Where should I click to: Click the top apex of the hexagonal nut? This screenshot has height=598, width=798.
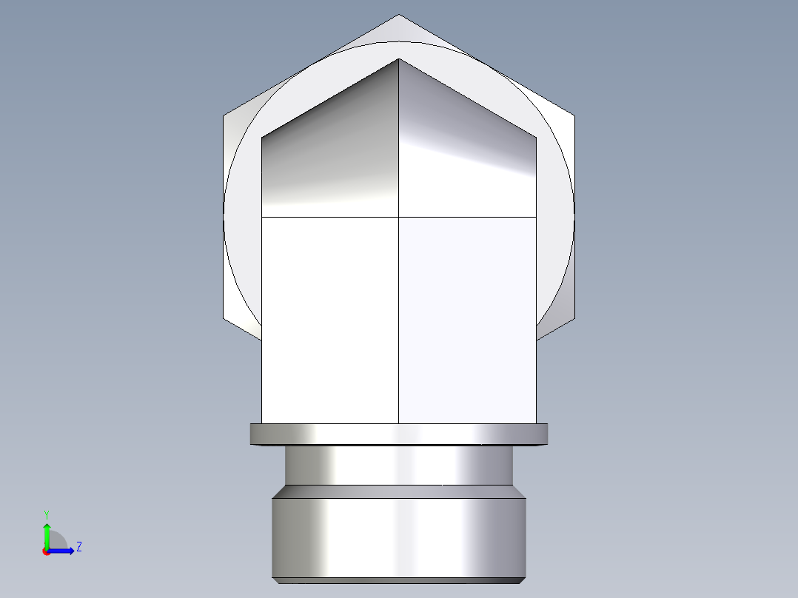pyautogui.click(x=399, y=15)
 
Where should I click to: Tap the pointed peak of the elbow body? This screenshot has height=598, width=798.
pyautogui.click(x=399, y=59)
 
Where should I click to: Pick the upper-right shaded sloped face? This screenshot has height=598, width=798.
pyautogui.click(x=466, y=148)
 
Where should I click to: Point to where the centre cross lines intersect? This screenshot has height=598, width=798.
pyautogui.click(x=399, y=217)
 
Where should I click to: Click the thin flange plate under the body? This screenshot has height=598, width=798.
pyautogui.click(x=399, y=434)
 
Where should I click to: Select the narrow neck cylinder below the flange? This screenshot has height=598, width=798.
pyautogui.click(x=399, y=465)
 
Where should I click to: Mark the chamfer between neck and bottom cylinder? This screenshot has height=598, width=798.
pyautogui.click(x=399, y=491)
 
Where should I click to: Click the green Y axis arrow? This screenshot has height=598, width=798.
pyautogui.click(x=47, y=531)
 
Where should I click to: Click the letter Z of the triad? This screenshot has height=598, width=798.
pyautogui.click(x=78, y=547)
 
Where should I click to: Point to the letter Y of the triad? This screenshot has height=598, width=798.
pyautogui.click(x=47, y=514)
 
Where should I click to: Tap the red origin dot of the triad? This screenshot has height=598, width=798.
pyautogui.click(x=46, y=551)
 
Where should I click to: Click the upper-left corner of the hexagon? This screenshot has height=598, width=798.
pyautogui.click(x=224, y=116)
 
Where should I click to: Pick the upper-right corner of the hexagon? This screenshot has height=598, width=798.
pyautogui.click(x=574, y=116)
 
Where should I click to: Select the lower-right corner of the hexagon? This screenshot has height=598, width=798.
pyautogui.click(x=574, y=319)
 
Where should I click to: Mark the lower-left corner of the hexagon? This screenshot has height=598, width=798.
pyautogui.click(x=224, y=319)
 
